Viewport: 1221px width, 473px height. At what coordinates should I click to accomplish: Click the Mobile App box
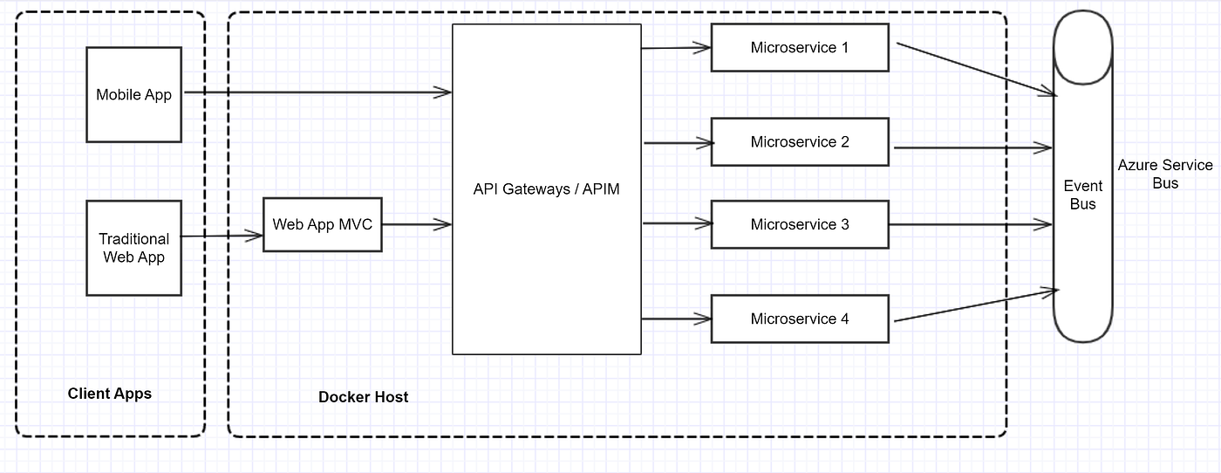(x=133, y=94)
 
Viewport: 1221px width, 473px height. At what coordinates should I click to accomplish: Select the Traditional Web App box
(x=133, y=248)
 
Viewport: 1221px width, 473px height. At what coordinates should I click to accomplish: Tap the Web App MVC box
(x=322, y=225)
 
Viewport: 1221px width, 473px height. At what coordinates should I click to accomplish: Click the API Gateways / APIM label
(x=546, y=189)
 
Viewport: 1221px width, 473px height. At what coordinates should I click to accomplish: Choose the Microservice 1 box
(x=799, y=48)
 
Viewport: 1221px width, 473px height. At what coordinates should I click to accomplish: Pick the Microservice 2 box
(x=799, y=142)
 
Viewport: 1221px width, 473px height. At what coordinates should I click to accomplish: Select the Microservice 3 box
(x=799, y=225)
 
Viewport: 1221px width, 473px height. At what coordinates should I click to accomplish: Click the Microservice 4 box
(x=799, y=319)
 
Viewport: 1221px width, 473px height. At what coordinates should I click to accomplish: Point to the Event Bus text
(x=1083, y=195)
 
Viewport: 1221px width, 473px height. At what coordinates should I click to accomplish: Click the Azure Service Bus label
(x=1165, y=175)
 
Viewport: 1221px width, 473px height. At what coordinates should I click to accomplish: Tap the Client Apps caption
(x=110, y=394)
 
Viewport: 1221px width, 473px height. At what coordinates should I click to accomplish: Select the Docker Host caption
(x=363, y=397)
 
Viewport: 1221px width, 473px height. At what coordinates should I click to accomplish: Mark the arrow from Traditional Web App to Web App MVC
(x=222, y=236)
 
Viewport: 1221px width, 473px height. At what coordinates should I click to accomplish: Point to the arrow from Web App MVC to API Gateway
(x=416, y=225)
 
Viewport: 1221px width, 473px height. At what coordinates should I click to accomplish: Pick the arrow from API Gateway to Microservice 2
(x=677, y=142)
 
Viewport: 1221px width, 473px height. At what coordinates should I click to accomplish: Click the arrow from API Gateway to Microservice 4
(x=677, y=319)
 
